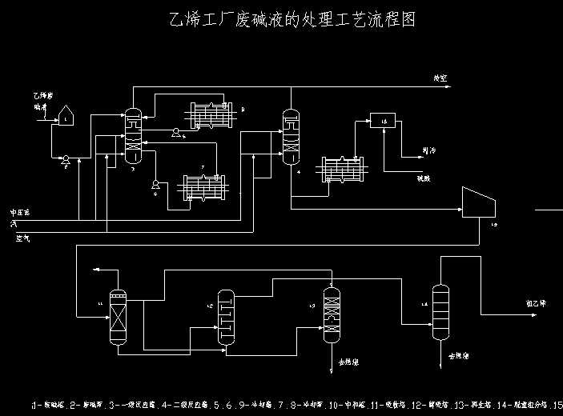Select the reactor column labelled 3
tap(134, 136)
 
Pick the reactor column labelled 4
tap(290, 137)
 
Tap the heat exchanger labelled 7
tap(203, 188)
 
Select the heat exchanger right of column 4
tap(342, 170)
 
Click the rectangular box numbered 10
tap(383, 121)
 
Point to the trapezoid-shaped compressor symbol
tap(480, 202)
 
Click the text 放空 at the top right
tap(440, 78)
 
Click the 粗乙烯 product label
tap(535, 304)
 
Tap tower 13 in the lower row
tap(332, 314)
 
